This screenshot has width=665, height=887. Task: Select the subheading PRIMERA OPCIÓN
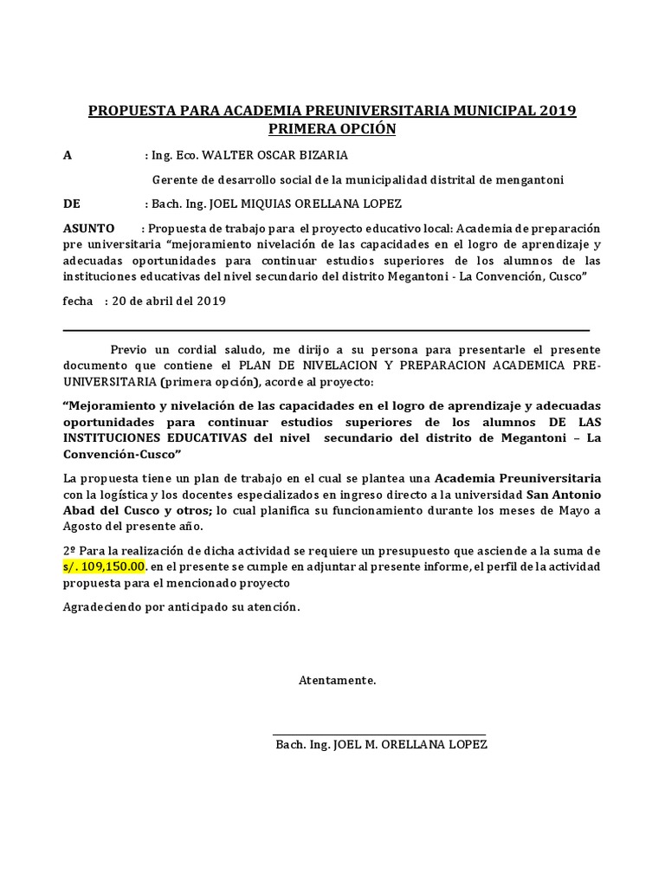(x=332, y=130)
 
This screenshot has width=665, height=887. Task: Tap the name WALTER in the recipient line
(x=232, y=156)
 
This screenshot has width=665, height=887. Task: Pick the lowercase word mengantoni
(x=529, y=180)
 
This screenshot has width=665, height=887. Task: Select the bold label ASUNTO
(x=89, y=229)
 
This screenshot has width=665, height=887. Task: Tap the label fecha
(x=79, y=301)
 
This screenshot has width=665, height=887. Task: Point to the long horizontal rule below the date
(x=326, y=330)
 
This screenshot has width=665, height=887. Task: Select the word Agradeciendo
(x=105, y=607)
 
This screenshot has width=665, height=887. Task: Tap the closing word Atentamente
(x=338, y=681)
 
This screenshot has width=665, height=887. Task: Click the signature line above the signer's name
(x=379, y=735)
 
